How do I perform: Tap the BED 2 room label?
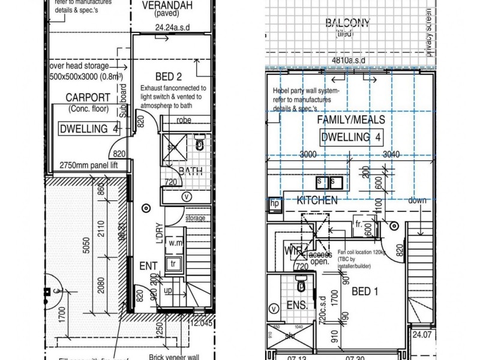point(169,76)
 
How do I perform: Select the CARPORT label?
point(88,98)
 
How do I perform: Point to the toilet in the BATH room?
point(200,144)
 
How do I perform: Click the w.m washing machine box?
point(175,243)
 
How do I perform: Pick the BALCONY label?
point(347,24)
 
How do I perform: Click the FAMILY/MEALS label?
point(351,120)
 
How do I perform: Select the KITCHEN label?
point(317,200)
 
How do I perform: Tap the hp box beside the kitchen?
point(275,204)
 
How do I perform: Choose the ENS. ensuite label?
point(296,305)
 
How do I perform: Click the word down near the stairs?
point(417,200)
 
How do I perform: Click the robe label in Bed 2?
point(184,120)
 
